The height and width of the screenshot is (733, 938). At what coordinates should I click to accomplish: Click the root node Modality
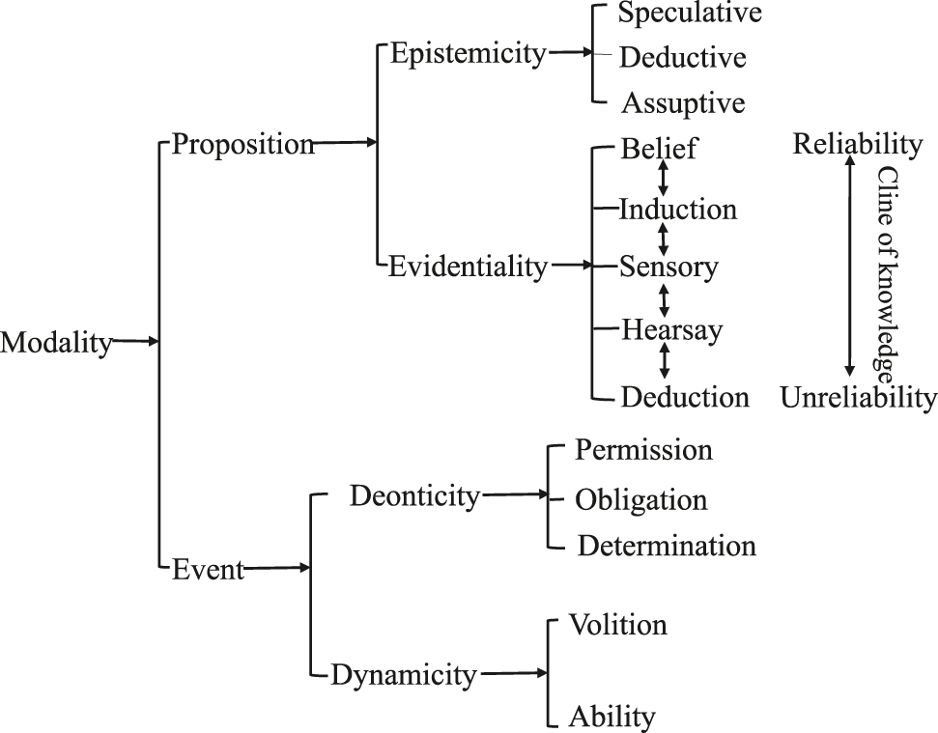(x=56, y=343)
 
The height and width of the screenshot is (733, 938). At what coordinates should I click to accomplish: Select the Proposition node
(x=242, y=145)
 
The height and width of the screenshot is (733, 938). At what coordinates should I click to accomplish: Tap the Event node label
(x=208, y=570)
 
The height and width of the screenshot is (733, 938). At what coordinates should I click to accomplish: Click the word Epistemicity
(x=468, y=53)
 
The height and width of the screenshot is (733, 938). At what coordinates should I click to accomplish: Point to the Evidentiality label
(x=468, y=267)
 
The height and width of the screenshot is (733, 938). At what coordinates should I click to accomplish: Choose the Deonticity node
(x=414, y=496)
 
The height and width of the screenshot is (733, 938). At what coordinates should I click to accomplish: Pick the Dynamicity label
(x=404, y=674)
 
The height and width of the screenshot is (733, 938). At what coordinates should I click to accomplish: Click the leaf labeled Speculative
(x=690, y=14)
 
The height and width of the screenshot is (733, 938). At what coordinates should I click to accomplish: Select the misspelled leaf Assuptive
(x=683, y=102)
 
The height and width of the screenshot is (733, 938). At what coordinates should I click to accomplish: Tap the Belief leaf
(x=659, y=149)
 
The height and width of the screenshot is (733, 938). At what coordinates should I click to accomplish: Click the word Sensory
(x=668, y=267)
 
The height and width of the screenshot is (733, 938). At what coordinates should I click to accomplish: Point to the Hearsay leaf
(x=672, y=330)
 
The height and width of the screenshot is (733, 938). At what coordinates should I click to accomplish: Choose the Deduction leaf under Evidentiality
(x=685, y=397)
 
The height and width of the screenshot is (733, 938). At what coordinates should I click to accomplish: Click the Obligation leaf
(x=641, y=500)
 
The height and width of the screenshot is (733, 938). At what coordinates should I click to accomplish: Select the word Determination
(x=667, y=546)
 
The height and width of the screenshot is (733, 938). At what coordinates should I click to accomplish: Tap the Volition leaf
(x=618, y=625)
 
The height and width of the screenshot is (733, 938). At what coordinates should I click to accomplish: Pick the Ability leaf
(x=612, y=717)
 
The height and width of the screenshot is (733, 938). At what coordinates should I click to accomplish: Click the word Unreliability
(x=859, y=397)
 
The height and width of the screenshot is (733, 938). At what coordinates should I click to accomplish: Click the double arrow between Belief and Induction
(x=664, y=178)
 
